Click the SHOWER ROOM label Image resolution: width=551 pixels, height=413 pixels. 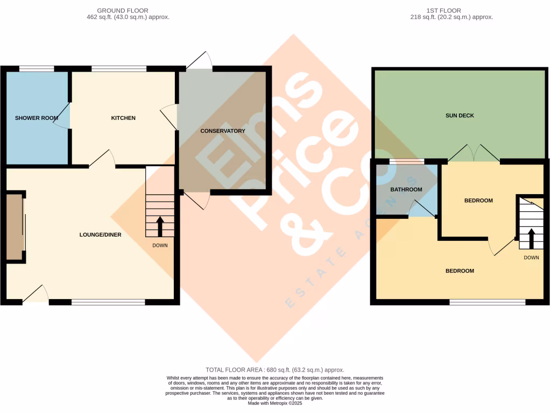coord(37,118)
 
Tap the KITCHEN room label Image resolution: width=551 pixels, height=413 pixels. coord(123,118)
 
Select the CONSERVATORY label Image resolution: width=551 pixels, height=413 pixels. coord(222,131)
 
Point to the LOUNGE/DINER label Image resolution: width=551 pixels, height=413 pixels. coord(100,234)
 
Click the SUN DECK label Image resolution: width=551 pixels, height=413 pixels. coord(460,115)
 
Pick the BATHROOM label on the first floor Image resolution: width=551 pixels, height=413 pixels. coord(406,189)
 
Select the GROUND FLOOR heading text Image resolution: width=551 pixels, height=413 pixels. coord(123,10)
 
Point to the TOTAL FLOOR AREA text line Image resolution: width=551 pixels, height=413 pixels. coord(274,370)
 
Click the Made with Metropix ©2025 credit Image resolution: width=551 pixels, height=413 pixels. coord(274,403)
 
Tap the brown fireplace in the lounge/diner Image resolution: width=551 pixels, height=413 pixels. coord(15,226)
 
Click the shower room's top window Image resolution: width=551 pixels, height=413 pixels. coord(37,69)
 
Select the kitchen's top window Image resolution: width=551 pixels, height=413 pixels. coord(119,69)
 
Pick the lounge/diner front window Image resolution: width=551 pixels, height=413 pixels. coord(108,303)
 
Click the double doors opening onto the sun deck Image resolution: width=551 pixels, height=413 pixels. coord(473,154)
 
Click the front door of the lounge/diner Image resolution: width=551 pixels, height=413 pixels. coord(36,295)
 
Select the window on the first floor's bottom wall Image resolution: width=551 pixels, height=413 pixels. coord(488,303)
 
